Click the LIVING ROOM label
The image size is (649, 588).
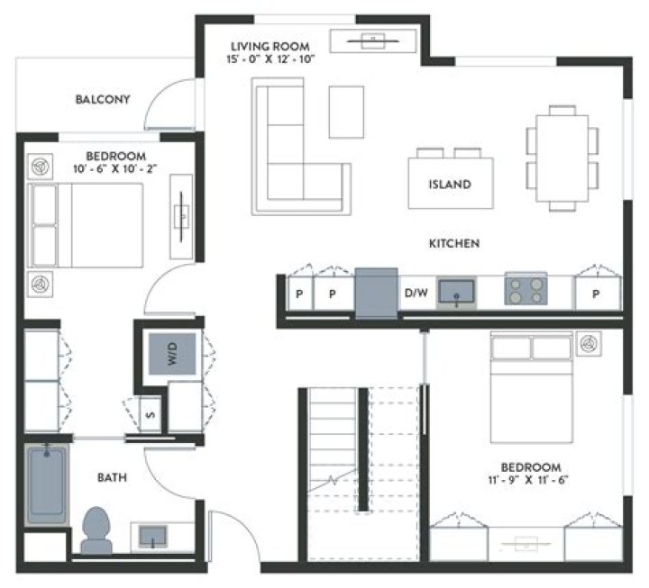[270, 46]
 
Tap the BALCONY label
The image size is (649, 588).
[104, 99]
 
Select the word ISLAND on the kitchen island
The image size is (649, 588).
[450, 185]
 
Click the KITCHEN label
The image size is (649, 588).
[453, 243]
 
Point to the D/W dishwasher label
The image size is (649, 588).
[416, 293]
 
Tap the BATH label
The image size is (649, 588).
[113, 477]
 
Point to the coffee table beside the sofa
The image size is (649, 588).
[346, 112]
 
